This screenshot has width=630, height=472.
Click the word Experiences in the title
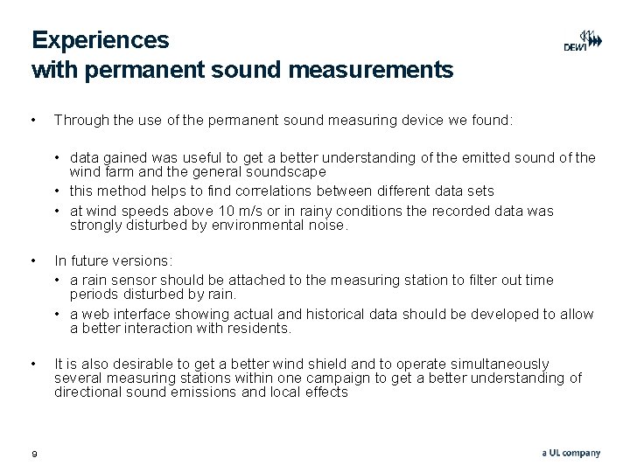(101, 40)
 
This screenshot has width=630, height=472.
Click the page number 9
(34, 453)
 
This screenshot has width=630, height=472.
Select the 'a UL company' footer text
(570, 453)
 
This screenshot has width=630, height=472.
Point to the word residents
(259, 328)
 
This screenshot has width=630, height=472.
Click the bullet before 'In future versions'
(33, 260)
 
